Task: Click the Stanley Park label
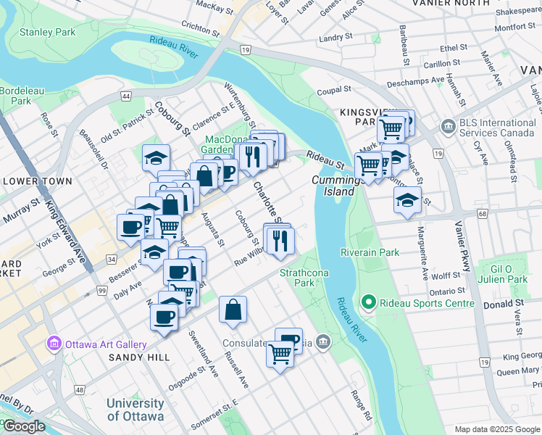tap(47, 33)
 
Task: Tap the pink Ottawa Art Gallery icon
tap(54, 344)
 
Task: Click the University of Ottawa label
tap(135, 409)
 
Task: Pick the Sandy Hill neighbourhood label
tap(139, 357)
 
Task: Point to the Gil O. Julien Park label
tap(506, 274)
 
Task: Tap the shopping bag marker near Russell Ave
tap(233, 310)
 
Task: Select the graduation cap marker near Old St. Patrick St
tap(155, 157)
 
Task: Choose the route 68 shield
tap(482, 213)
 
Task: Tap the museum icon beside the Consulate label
tap(323, 342)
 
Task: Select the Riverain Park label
tap(370, 252)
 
